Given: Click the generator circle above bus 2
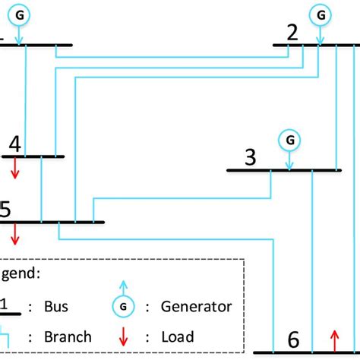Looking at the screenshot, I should pyautogui.click(x=321, y=14).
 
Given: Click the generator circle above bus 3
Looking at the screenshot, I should pyautogui.click(x=289, y=139).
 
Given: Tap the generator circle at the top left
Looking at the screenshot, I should pyautogui.click(x=20, y=14).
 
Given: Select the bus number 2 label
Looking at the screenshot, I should pyautogui.click(x=292, y=33).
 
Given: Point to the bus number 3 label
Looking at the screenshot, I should pyautogui.click(x=250, y=157).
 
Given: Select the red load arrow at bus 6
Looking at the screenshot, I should pyautogui.click(x=333, y=342).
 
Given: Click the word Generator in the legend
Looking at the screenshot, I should pyautogui.click(x=197, y=307).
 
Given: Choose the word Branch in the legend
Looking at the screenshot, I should pyautogui.click(x=68, y=336).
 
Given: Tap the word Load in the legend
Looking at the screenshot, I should pyautogui.click(x=178, y=336).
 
